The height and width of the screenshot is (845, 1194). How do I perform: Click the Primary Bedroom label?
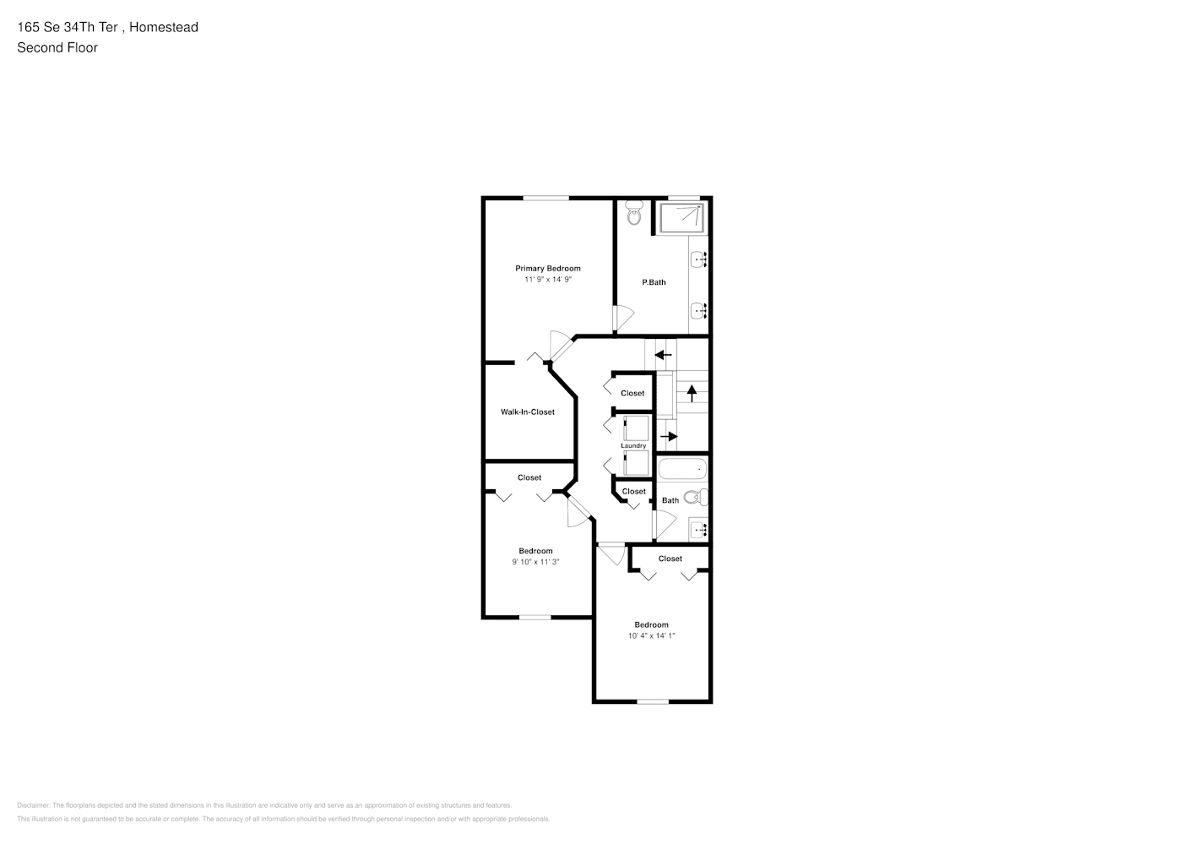548,269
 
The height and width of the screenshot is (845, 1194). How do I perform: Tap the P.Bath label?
654,282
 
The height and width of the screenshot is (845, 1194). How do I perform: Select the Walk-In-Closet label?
528,412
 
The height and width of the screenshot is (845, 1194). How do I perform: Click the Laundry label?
633,446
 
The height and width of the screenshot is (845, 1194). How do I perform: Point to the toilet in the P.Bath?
634,216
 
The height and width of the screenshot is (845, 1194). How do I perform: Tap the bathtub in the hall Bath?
682,469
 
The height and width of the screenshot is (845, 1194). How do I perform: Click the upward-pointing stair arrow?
692,392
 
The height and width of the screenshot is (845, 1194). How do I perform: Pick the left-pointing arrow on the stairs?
664,354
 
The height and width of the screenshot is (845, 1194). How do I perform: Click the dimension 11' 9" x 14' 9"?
548,280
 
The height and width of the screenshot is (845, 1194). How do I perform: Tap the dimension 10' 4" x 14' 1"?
651,636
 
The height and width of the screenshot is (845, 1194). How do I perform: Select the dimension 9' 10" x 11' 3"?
535,562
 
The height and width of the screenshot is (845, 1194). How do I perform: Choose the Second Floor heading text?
57,47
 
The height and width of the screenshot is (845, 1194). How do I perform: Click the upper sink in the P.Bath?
698,259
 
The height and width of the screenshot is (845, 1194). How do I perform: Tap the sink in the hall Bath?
698,530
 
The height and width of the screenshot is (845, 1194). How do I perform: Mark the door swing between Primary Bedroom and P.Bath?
623,317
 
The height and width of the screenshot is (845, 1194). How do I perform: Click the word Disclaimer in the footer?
33,805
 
